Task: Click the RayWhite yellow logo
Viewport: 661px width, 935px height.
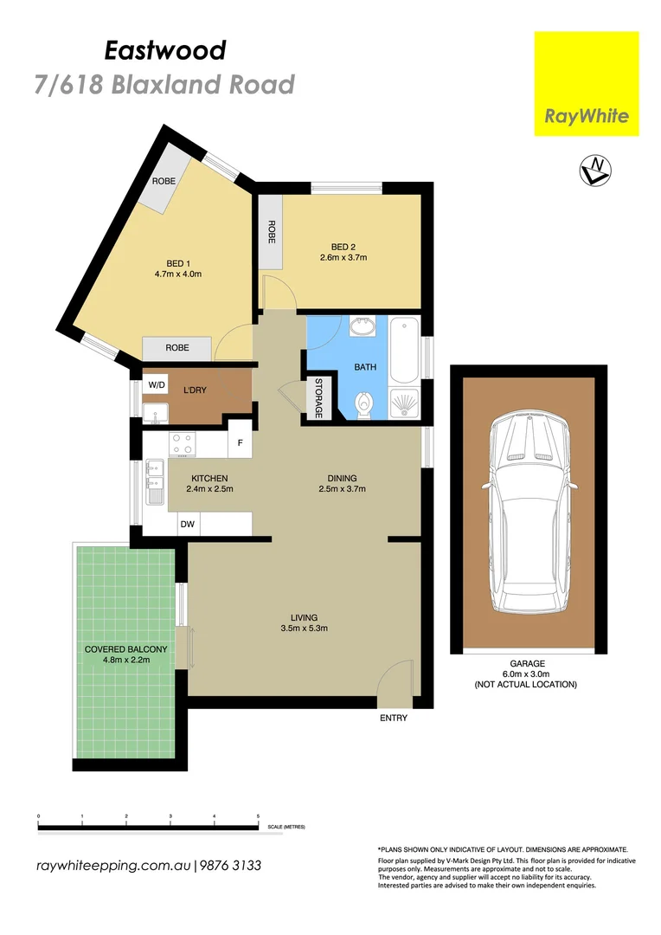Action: (586, 84)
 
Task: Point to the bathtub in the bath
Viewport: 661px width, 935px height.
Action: (404, 351)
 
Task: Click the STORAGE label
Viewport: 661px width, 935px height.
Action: (318, 399)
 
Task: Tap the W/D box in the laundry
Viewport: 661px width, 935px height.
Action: (157, 384)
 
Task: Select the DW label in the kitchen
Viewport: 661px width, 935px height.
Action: (188, 524)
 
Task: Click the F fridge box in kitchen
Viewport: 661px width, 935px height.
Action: (239, 444)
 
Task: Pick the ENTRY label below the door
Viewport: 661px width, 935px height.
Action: (393, 718)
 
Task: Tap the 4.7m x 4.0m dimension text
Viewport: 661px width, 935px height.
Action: (178, 274)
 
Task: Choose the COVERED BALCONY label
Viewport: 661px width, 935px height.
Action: (125, 649)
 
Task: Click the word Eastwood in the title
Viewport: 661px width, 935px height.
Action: (165, 51)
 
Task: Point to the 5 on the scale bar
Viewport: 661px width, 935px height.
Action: (258, 816)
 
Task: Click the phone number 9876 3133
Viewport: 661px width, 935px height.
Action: (232, 866)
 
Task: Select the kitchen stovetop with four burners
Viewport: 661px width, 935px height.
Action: (182, 444)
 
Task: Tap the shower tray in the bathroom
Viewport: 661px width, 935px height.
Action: (403, 401)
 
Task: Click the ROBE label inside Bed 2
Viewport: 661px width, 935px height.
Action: (271, 231)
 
